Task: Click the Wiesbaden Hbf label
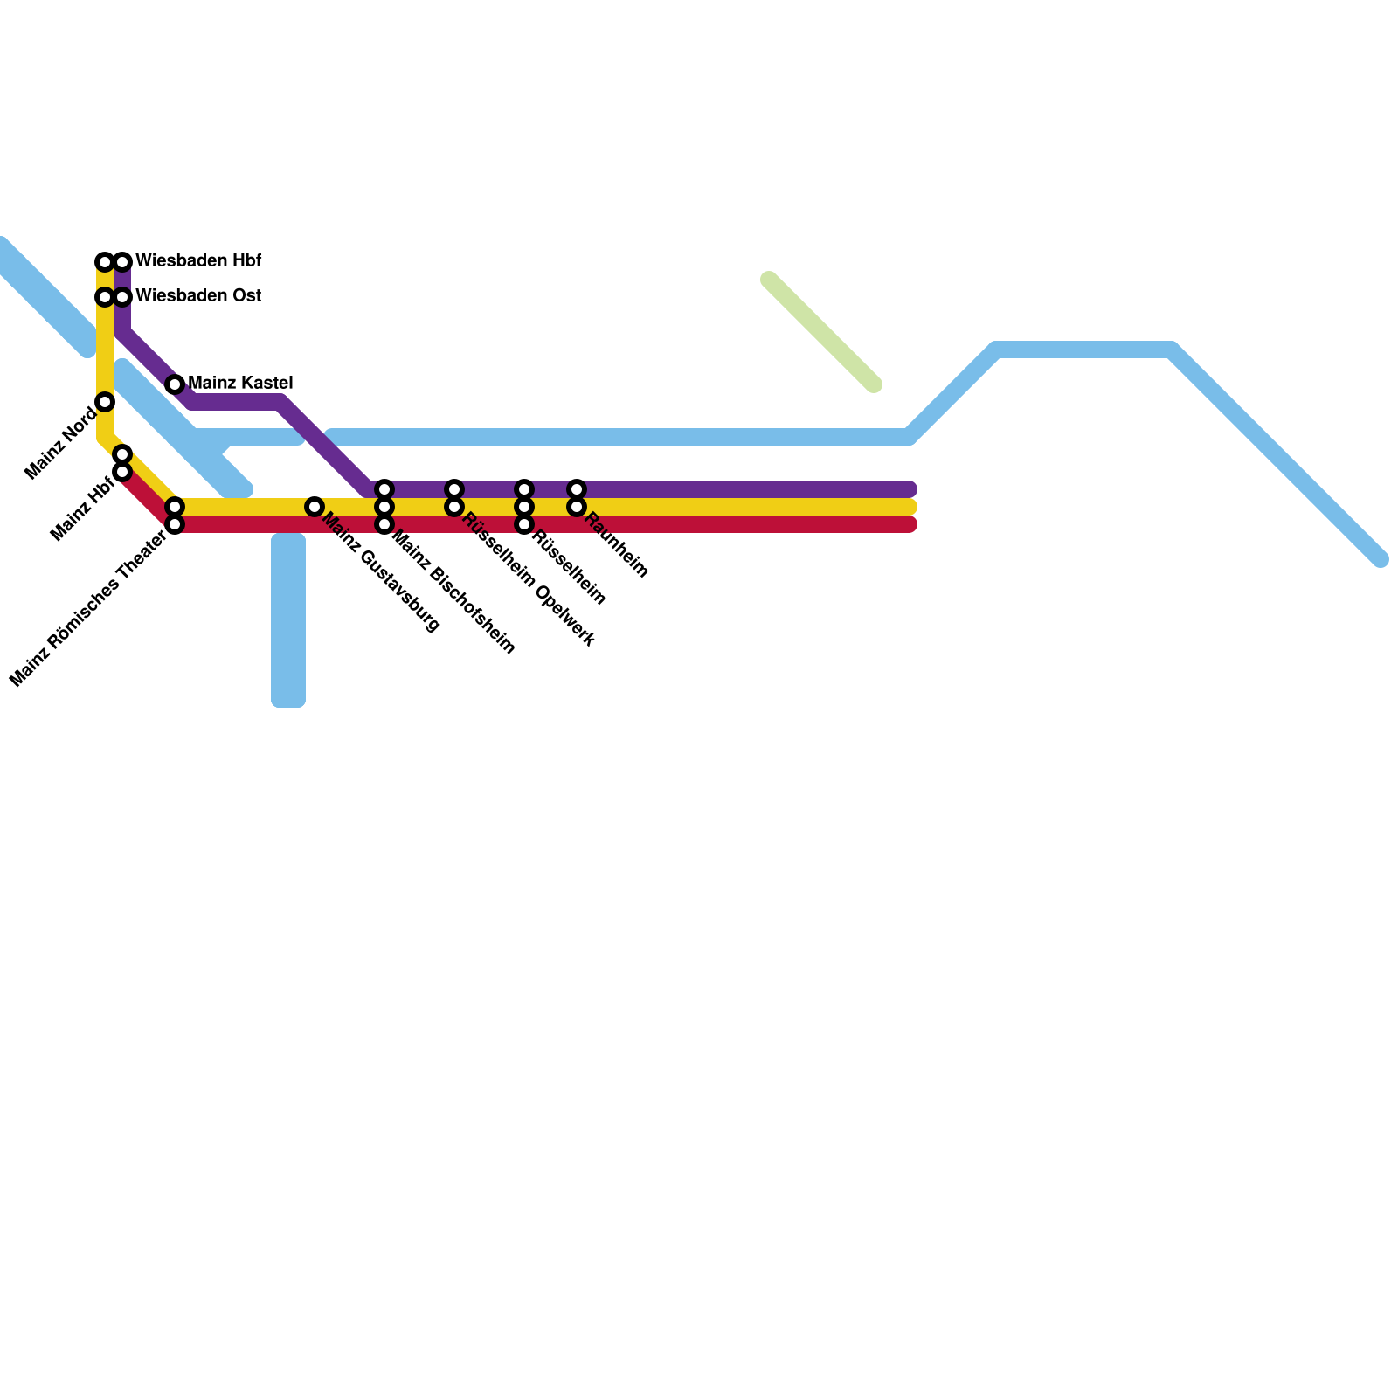click(x=198, y=261)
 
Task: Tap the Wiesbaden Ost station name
click(x=198, y=296)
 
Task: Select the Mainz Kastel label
click(x=240, y=384)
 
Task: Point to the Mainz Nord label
click(x=60, y=443)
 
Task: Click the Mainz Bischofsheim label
click(x=453, y=592)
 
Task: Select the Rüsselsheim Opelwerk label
click(x=529, y=580)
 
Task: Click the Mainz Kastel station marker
click(x=175, y=384)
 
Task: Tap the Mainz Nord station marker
click(x=105, y=402)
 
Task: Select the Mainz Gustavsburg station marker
click(x=315, y=507)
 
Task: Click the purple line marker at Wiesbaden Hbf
click(x=123, y=262)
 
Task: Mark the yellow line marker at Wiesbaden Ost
click(x=105, y=297)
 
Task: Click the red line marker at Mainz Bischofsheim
click(x=384, y=524)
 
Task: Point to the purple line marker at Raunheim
click(x=577, y=489)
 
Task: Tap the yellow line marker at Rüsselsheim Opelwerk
click(x=454, y=507)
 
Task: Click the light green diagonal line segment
click(x=821, y=332)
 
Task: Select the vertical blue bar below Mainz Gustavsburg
click(x=288, y=620)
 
